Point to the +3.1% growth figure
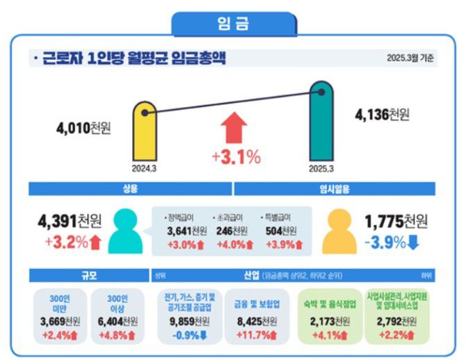click(x=236, y=157)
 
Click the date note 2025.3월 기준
click(x=410, y=58)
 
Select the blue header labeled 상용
click(x=129, y=188)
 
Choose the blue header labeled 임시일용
click(x=334, y=188)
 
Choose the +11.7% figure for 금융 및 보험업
click(x=257, y=334)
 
